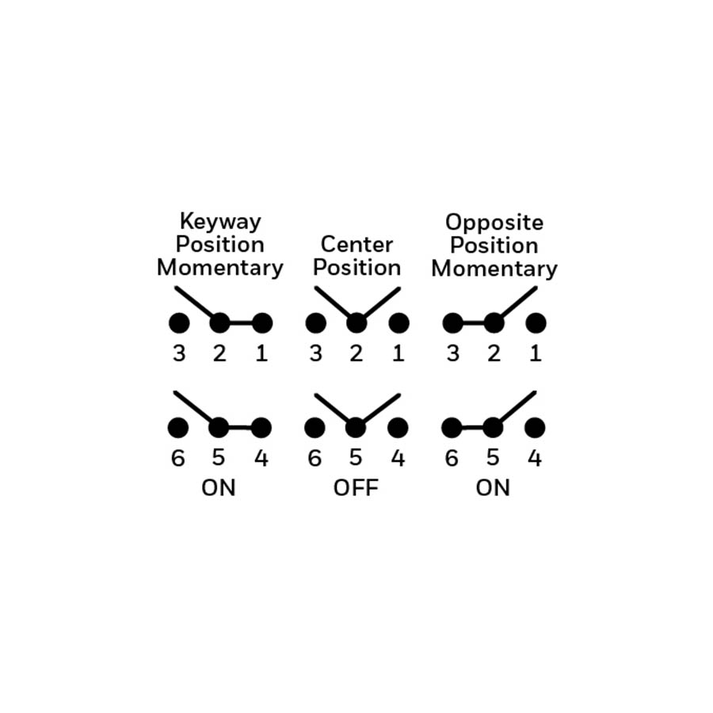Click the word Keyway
point(220,222)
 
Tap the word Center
point(357,245)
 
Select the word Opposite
point(494,223)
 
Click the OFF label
point(356,488)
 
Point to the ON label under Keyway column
point(219,488)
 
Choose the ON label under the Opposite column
point(493,488)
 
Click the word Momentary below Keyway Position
point(220,268)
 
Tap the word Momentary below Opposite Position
point(494,269)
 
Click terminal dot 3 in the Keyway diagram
point(179,323)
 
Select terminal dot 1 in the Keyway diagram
point(262,323)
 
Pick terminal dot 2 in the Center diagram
point(356,323)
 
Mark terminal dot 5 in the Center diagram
point(356,428)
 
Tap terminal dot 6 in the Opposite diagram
point(452,428)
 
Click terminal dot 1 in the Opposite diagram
point(536,323)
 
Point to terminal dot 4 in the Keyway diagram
point(261,428)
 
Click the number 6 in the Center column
point(315,458)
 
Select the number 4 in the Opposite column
point(535,458)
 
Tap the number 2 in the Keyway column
point(219,353)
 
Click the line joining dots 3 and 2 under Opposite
point(474,323)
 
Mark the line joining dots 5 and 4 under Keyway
point(240,428)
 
